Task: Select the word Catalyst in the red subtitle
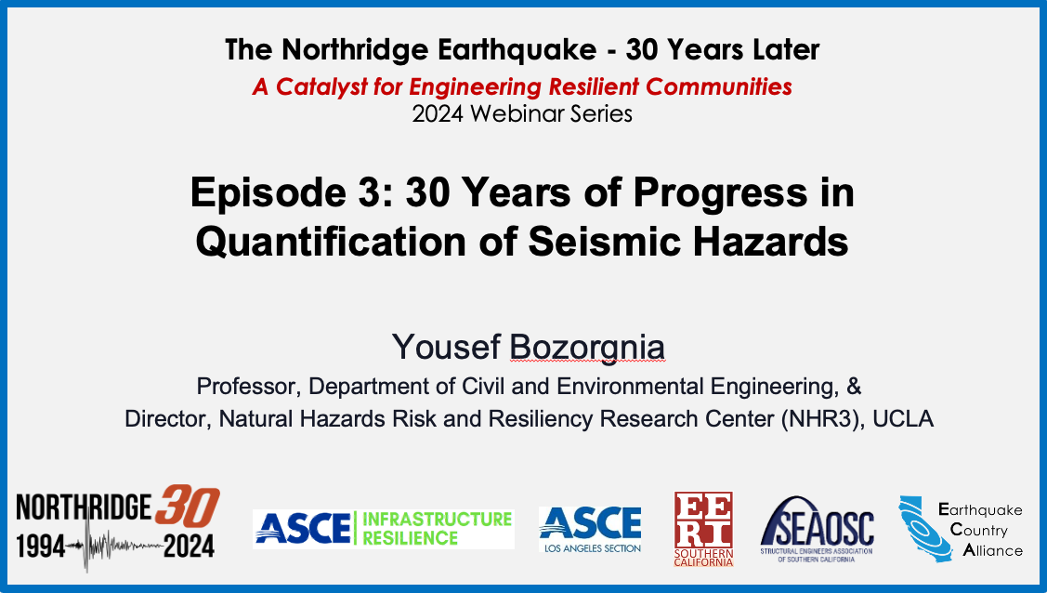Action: pos(321,86)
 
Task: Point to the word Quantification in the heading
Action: pos(331,241)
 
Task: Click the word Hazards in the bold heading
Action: pos(770,241)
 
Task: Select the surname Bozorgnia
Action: pos(587,348)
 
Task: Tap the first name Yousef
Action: pos(446,348)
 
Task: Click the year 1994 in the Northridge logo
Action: pos(41,547)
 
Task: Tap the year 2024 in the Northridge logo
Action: pos(189,547)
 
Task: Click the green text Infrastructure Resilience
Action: pos(437,528)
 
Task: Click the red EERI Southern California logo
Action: pos(704,529)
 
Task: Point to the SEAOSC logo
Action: pos(817,529)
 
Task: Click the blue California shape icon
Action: pos(923,528)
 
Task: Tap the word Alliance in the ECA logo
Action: pos(993,550)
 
